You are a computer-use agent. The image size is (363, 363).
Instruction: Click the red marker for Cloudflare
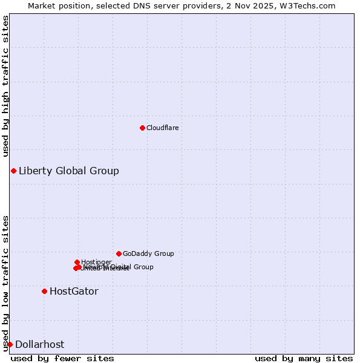[x=142, y=128]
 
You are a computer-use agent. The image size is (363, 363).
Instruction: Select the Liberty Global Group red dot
[x=13, y=171]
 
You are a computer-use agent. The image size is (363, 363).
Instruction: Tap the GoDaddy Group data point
[x=119, y=253]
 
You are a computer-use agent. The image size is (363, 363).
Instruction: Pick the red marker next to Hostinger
[x=77, y=262]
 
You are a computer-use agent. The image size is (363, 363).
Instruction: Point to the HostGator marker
[x=44, y=291]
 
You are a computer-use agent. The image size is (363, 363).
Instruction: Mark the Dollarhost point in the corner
[x=10, y=344]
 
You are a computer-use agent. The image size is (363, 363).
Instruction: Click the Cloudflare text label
[x=162, y=128]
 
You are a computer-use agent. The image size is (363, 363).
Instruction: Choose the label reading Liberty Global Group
[x=68, y=171]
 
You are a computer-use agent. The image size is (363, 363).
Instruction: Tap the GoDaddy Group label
[x=148, y=253]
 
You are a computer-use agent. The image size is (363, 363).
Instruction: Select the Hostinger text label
[x=96, y=262]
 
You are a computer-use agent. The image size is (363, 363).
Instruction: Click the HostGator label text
[x=74, y=291]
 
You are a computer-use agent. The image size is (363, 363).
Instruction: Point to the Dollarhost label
[x=39, y=344]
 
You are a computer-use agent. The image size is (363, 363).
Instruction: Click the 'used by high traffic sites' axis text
[x=6, y=87]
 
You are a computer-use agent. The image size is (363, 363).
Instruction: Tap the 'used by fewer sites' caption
[x=62, y=359]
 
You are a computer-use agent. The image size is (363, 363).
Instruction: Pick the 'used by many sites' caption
[x=304, y=359]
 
